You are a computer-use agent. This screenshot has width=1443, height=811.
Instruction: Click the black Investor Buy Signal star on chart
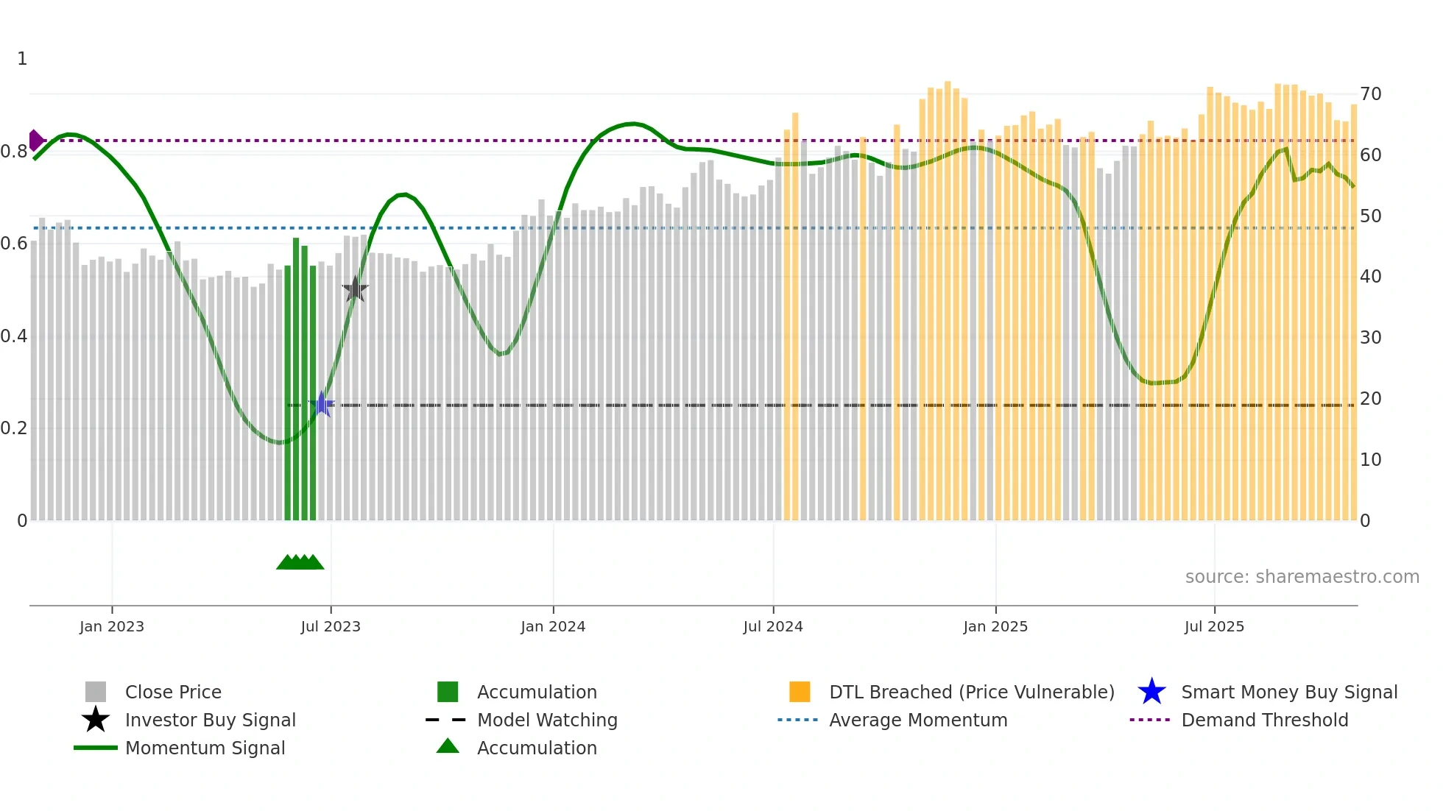pos(355,289)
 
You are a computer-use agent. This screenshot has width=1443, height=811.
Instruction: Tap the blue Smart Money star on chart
pos(322,404)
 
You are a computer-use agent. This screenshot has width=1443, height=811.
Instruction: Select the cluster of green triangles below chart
pos(300,562)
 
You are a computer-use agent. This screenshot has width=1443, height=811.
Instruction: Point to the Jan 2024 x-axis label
pos(553,626)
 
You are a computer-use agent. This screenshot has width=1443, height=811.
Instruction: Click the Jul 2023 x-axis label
pos(331,626)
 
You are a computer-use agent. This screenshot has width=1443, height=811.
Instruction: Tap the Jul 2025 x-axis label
pos(1214,626)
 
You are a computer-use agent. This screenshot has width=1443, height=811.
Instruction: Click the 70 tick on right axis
pos(1370,94)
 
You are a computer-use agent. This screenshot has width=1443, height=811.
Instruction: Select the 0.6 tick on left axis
pos(14,244)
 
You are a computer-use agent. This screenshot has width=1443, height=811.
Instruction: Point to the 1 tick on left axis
pos(22,59)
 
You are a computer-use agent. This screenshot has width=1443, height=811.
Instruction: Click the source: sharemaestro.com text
pos(1302,577)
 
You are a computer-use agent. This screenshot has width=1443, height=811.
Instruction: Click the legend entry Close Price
pos(173,692)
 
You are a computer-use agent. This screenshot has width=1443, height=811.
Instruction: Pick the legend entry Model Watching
pos(547,720)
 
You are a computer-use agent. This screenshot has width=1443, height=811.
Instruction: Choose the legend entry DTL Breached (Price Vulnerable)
pos(971,692)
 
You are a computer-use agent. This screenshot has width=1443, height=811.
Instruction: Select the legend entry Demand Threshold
pos(1264,720)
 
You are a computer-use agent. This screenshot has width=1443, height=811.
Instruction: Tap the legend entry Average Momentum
pos(918,720)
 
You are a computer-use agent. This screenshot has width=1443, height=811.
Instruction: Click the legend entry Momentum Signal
pos(205,748)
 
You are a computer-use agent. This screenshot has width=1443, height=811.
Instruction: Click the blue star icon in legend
pos(1151,692)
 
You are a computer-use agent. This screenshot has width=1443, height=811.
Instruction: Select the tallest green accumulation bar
pos(296,379)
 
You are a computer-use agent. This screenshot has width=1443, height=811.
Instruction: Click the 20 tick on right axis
pos(1370,399)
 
